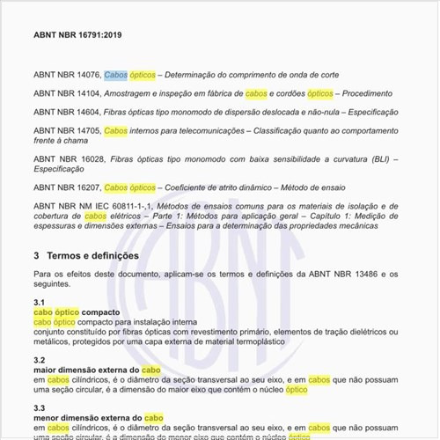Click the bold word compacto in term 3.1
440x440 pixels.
click(104, 312)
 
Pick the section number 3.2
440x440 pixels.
click(39, 360)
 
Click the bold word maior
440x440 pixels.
click(45, 370)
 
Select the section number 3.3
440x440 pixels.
click(39, 407)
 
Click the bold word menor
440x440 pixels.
click(46, 417)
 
